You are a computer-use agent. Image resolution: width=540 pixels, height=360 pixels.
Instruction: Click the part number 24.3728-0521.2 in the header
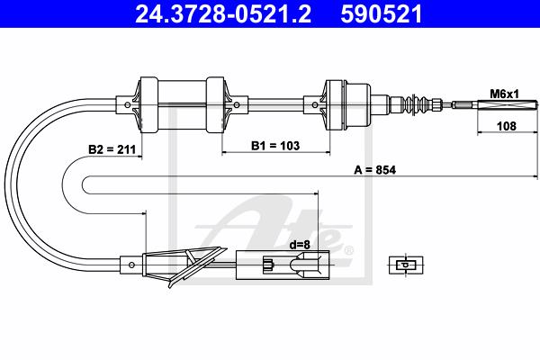223,14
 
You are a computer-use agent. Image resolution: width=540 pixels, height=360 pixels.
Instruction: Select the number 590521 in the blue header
381,14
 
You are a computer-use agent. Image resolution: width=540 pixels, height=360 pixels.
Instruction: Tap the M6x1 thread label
504,94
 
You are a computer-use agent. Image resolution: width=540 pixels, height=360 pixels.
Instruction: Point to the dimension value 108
507,126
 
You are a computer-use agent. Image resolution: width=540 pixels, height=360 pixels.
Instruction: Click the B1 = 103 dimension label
275,146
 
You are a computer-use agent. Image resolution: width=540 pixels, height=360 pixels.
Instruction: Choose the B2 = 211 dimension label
112,149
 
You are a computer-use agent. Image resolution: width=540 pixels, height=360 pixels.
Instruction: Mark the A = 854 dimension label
375,170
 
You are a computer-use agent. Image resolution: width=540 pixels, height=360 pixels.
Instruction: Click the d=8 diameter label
300,245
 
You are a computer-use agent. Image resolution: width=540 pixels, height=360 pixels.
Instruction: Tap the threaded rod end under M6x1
495,104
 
